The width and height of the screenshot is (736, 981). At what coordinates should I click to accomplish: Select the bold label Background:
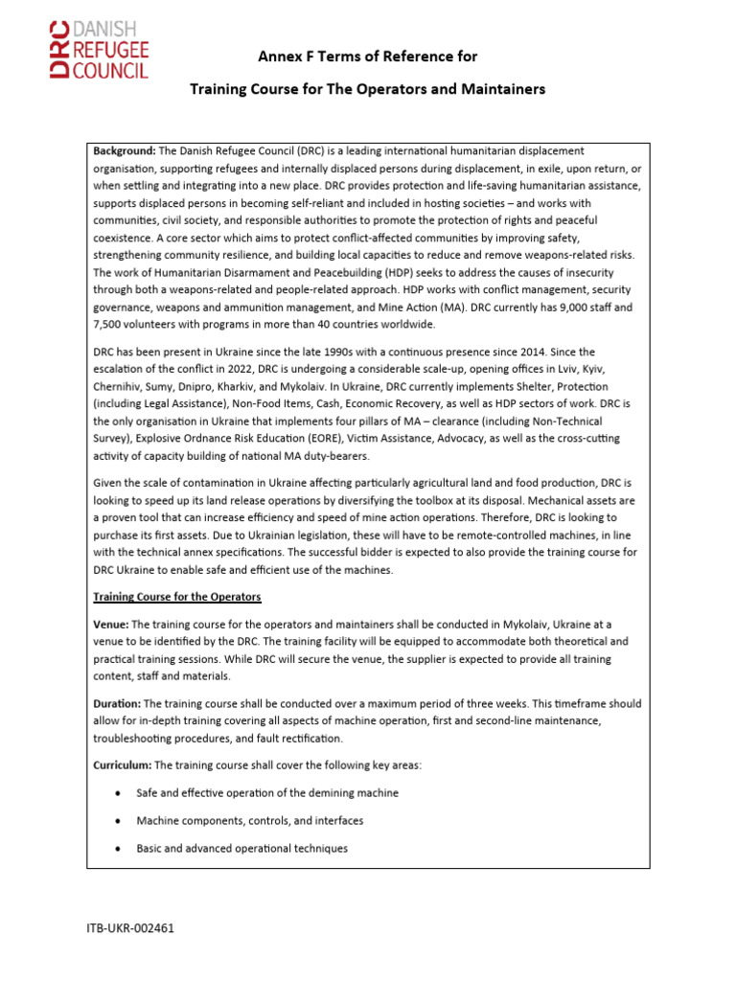(x=125, y=151)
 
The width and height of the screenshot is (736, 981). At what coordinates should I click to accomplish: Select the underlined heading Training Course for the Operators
(x=176, y=597)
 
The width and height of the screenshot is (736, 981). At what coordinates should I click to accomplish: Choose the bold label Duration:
(x=120, y=703)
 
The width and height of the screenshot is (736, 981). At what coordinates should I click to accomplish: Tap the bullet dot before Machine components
(x=116, y=821)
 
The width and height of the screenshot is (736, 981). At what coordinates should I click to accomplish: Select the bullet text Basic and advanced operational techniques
(x=241, y=849)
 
